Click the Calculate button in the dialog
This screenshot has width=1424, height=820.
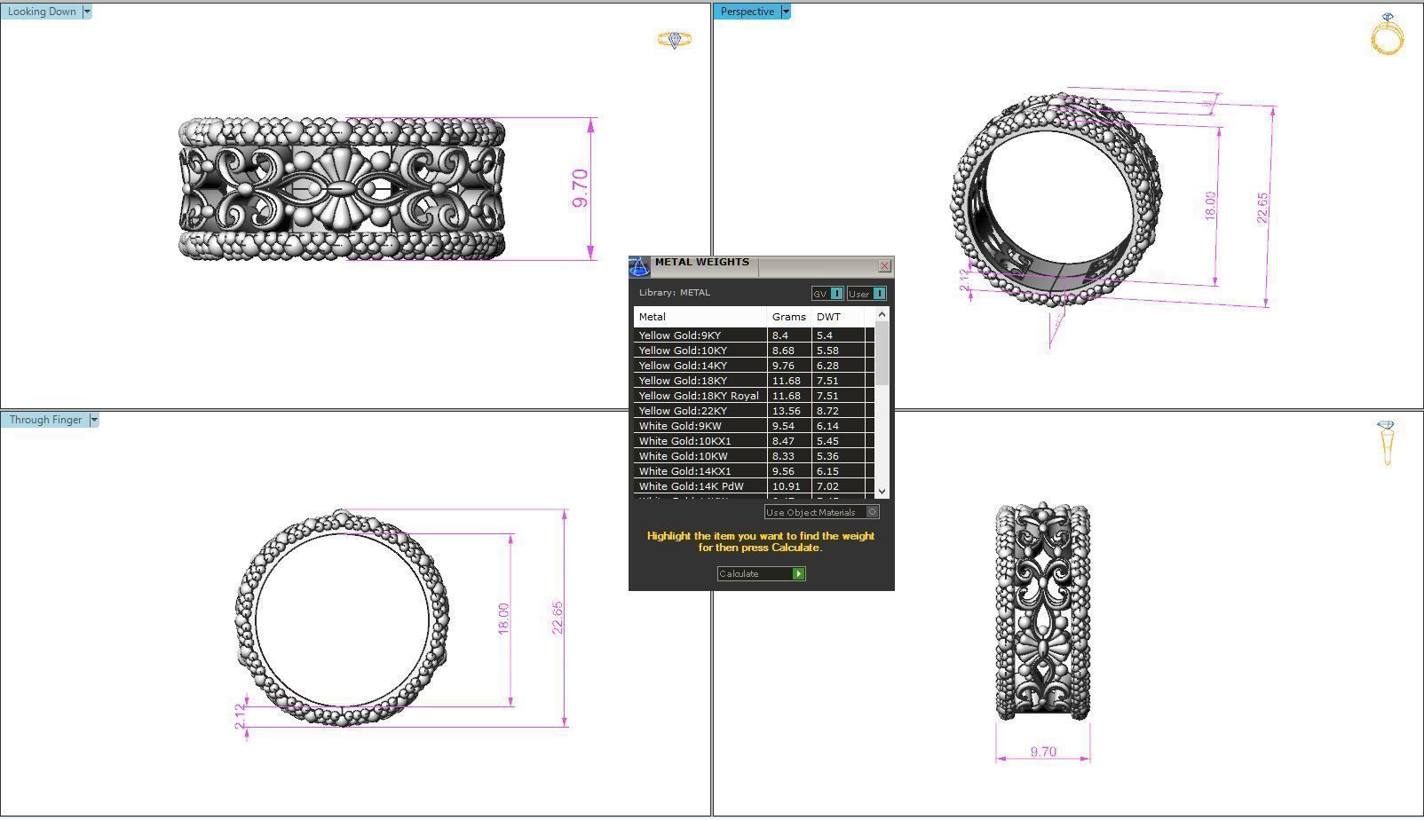click(x=760, y=574)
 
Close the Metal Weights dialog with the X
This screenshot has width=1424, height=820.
click(x=884, y=266)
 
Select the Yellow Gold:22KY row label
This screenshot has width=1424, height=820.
click(x=683, y=411)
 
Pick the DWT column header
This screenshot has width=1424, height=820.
click(x=828, y=317)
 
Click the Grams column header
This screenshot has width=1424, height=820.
click(x=788, y=317)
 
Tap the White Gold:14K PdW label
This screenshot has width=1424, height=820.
click(x=691, y=486)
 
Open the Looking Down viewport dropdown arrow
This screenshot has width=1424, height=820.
click(x=86, y=12)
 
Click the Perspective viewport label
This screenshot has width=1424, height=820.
click(x=747, y=12)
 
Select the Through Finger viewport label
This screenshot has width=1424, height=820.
click(x=45, y=420)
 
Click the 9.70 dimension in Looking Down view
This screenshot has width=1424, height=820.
click(x=581, y=188)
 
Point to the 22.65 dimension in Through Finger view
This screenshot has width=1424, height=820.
click(x=558, y=618)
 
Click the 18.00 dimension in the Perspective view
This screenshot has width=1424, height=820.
click(x=1210, y=206)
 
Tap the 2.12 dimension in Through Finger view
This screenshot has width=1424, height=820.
click(x=240, y=717)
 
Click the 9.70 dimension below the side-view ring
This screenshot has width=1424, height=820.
click(x=1043, y=752)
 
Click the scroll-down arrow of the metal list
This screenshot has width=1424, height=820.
click(x=882, y=491)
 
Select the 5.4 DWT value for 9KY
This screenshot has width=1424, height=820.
click(x=824, y=335)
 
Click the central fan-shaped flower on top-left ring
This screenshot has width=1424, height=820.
click(x=340, y=188)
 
